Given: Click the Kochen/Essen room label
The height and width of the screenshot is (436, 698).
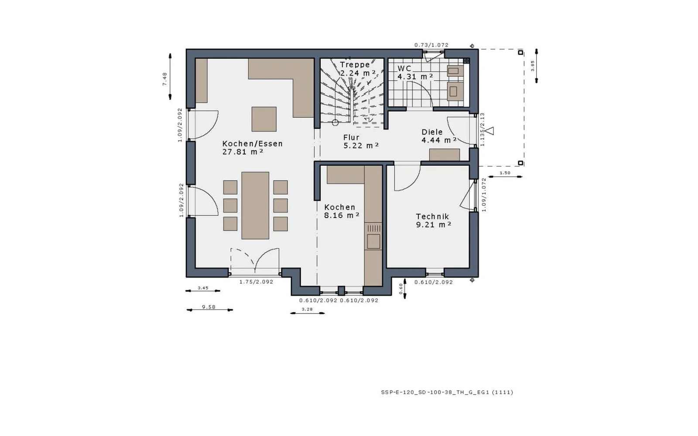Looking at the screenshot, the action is pos(253,143).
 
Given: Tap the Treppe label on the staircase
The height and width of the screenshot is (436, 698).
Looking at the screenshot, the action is pos(355,65).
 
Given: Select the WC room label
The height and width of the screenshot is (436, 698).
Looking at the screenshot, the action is pos(404,68).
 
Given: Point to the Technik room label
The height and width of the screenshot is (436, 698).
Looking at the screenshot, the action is pos(432,216).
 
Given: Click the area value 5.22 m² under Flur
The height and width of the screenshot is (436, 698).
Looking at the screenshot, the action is pos(361,146).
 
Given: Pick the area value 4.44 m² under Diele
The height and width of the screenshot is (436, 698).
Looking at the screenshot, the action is pos(439,140).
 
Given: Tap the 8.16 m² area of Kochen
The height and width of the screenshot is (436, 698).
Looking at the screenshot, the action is pos(342,215).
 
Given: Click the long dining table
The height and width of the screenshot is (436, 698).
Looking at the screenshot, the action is pos(255,205).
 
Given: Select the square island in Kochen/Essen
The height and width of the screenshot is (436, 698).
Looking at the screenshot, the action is pos(264,119).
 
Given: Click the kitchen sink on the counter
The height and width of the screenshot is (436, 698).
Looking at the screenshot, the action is pos(373,241).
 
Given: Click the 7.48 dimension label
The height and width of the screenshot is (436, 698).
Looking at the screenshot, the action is pos(164,79).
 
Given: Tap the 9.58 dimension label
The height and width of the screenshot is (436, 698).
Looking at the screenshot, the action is pos(209,307).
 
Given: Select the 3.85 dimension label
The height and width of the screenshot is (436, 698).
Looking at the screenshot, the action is pos(533,66).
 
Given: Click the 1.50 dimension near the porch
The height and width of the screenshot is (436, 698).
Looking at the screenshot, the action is pos(505,173).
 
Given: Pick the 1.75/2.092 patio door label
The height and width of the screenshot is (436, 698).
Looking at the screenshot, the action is pos(256,282).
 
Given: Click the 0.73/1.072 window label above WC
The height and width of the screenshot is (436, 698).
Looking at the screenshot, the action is pos(431,45).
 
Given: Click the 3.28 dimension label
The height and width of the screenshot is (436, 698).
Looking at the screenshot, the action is pos(307,309).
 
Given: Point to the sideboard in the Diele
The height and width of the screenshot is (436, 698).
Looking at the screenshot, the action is pos(445,155).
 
